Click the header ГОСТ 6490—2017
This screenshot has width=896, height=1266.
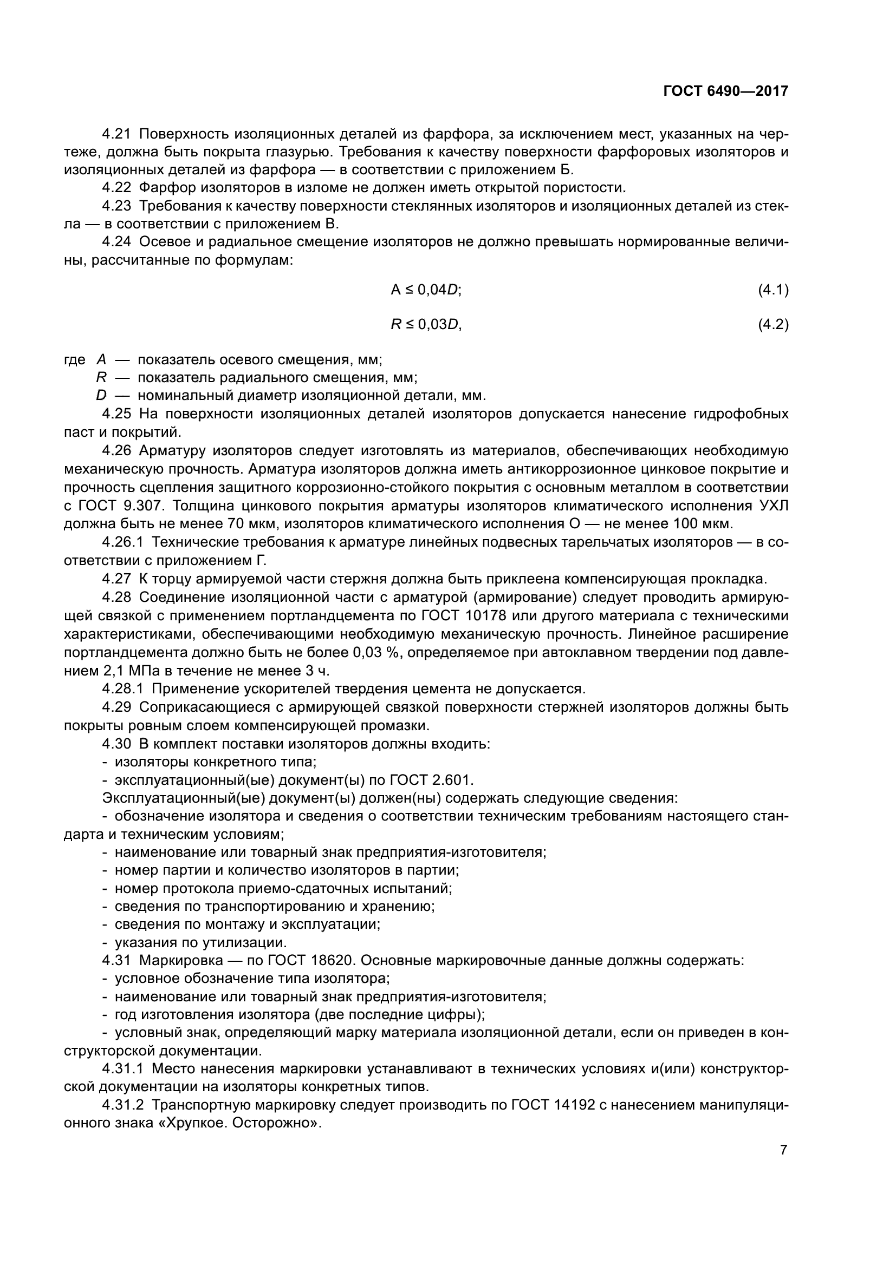725,91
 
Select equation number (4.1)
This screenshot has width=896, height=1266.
774,290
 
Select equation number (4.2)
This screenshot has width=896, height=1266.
774,325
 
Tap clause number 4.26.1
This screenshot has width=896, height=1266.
122,542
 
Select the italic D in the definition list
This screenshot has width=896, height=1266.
101,396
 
